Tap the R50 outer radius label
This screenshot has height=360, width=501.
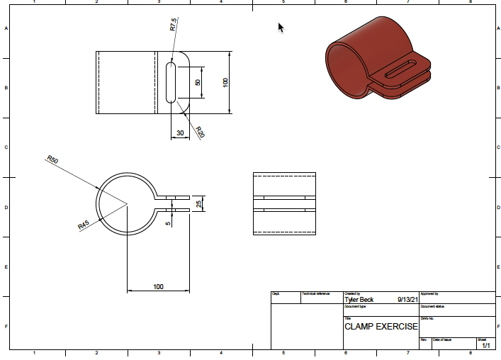52,159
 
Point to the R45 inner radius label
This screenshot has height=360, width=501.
83,225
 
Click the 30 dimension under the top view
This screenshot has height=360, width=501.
180,133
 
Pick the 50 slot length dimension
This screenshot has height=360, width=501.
198,82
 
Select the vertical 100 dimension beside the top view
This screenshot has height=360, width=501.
225,82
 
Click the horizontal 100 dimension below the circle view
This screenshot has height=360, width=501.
158,286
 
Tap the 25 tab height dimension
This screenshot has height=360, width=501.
199,204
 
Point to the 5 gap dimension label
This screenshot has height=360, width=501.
168,223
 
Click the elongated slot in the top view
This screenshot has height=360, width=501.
171,82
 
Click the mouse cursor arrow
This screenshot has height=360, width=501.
281,28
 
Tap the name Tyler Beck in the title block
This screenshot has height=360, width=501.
359,300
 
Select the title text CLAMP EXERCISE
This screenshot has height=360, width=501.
381,327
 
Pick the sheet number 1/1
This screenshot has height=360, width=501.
486,345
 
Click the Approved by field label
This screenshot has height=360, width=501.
430,293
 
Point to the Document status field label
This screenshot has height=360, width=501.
432,306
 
